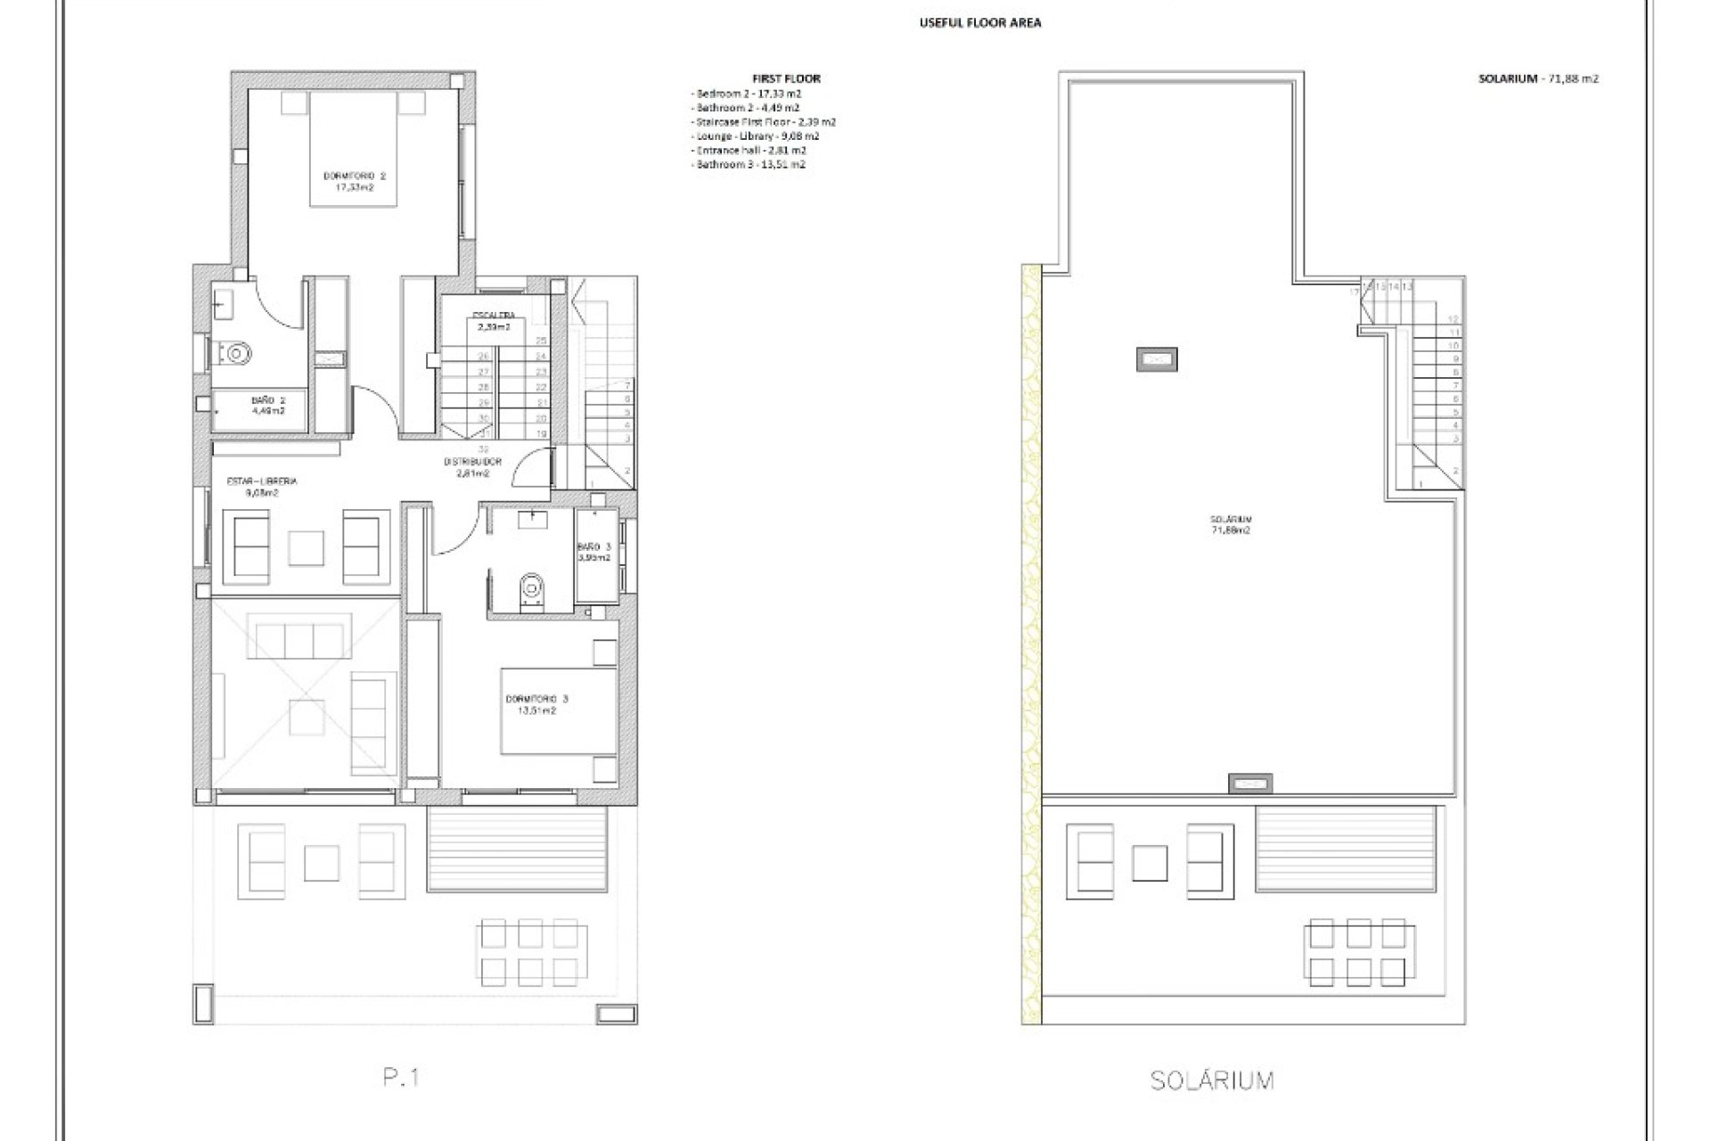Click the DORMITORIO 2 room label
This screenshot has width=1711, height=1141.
pyautogui.click(x=354, y=181)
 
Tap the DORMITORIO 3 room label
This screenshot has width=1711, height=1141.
pyautogui.click(x=536, y=704)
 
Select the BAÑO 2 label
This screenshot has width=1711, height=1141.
pyautogui.click(x=268, y=406)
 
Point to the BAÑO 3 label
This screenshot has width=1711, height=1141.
pyautogui.click(x=594, y=552)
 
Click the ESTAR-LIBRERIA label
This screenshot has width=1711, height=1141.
pyautogui.click(x=261, y=486)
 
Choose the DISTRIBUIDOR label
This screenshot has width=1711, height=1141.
pyautogui.click(x=473, y=467)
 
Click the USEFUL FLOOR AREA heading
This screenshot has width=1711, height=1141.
pyautogui.click(x=979, y=23)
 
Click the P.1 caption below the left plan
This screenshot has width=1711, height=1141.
pyautogui.click(x=401, y=1078)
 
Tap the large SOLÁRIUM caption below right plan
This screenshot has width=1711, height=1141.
pyautogui.click(x=1212, y=1080)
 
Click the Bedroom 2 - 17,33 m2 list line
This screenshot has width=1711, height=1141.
pyautogui.click(x=746, y=94)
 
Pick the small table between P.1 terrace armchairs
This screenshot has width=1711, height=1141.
pyautogui.click(x=322, y=862)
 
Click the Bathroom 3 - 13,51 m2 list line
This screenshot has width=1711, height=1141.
pyautogui.click(x=749, y=165)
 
